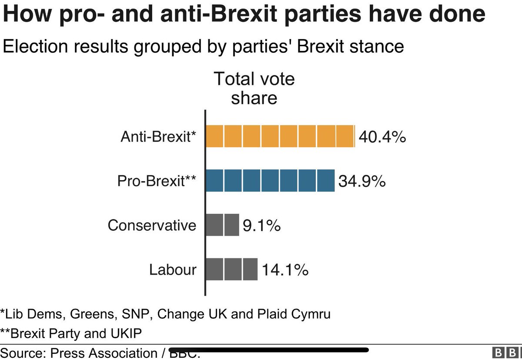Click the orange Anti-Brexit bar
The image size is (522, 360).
(280, 136)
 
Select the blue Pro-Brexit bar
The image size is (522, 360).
(270, 181)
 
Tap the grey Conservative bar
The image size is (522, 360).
(222, 225)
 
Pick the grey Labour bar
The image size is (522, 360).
(231, 269)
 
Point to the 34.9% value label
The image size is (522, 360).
(362, 181)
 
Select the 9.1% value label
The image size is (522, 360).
(261, 225)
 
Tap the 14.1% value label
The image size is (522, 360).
(285, 270)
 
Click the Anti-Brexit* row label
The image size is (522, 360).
(158, 137)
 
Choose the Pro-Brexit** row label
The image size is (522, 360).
(157, 181)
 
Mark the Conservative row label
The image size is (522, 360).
(152, 225)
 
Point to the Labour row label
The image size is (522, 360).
(173, 270)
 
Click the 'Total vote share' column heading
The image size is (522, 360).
(254, 88)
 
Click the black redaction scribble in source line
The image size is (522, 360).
(270, 349)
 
